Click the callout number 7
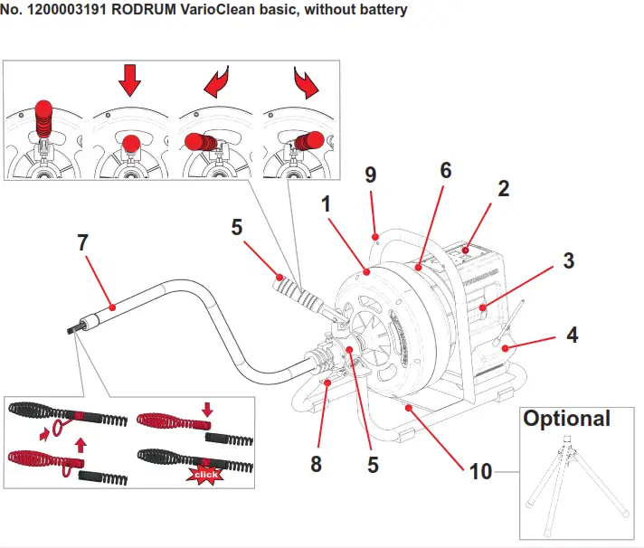(x=82, y=244)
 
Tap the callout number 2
(x=503, y=189)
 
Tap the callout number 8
(x=316, y=465)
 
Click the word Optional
(x=567, y=419)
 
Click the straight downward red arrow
(x=130, y=80)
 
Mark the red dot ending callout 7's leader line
(x=112, y=308)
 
